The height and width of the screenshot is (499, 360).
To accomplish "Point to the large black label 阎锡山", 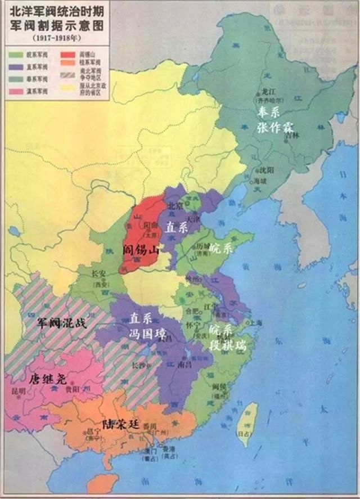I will point(141,250).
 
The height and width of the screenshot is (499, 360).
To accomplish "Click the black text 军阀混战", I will point(58,323).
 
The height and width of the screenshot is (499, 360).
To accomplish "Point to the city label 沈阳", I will point(267,169).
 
